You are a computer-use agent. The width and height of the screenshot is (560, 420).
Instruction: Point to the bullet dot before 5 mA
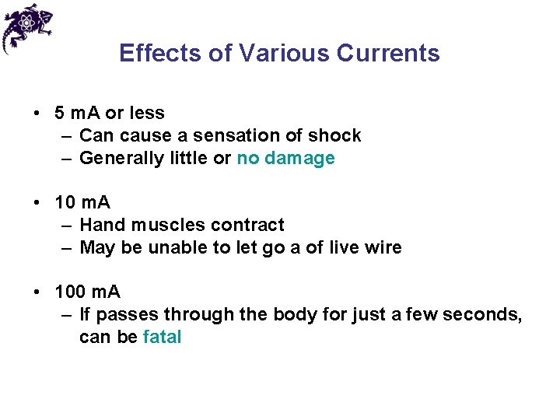[x=37, y=113]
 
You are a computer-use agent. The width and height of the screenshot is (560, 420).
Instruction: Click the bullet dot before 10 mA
[x=37, y=203]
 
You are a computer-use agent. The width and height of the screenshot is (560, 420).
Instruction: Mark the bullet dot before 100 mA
[x=37, y=292]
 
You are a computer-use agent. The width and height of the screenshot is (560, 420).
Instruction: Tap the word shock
[x=334, y=136]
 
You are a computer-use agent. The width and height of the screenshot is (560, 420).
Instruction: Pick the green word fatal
[x=163, y=338]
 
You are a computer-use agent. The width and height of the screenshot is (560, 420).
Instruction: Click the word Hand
[x=102, y=226]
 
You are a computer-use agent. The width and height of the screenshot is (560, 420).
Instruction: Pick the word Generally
[x=117, y=159]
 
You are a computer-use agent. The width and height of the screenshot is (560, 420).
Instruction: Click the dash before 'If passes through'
[x=65, y=315]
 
